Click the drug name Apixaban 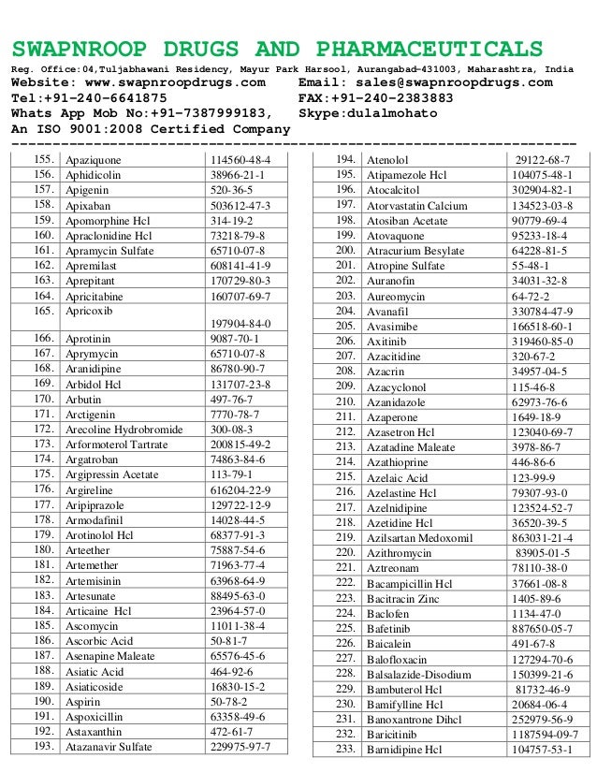pyautogui.click(x=88, y=204)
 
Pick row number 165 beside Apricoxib pyautogui.click(x=40, y=310)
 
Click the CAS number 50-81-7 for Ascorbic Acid pyautogui.click(x=227, y=641)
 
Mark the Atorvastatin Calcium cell pyautogui.click(x=416, y=205)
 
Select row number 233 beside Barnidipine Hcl pyautogui.click(x=345, y=749)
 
